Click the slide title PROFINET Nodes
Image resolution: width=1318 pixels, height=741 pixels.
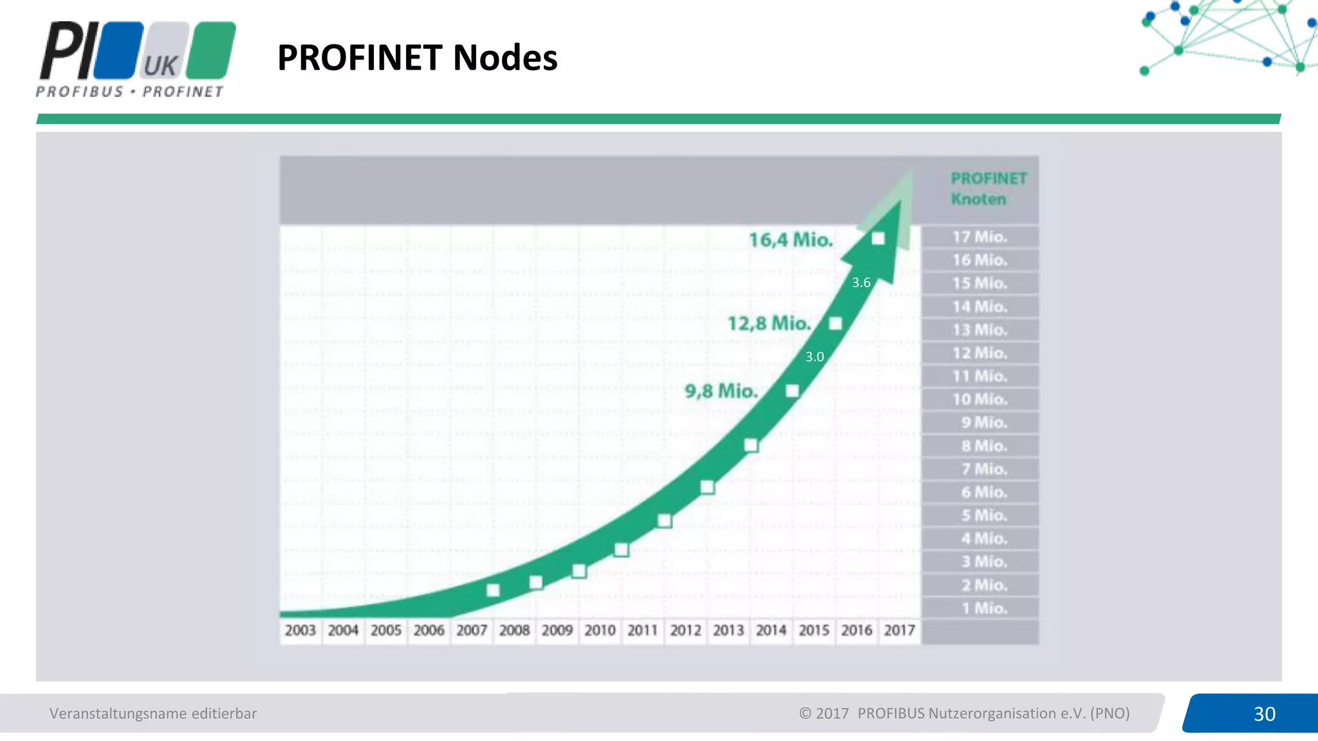(x=417, y=58)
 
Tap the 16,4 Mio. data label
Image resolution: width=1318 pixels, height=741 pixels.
(x=791, y=240)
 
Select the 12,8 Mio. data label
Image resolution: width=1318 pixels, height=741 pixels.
(x=769, y=323)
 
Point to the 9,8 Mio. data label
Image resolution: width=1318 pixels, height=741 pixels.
(x=721, y=390)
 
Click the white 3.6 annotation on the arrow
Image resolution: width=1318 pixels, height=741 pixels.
(x=861, y=282)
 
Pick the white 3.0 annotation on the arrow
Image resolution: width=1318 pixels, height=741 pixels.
(x=815, y=356)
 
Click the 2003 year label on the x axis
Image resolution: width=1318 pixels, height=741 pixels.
(x=301, y=630)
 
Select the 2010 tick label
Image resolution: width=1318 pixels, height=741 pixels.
(x=600, y=630)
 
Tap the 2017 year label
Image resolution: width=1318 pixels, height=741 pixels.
(x=899, y=630)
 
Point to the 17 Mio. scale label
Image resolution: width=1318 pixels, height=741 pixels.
(x=979, y=237)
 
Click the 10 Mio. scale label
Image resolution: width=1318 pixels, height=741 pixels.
(x=979, y=399)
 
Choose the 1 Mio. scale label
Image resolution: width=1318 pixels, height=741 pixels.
(x=984, y=608)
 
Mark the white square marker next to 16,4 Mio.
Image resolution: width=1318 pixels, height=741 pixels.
(x=878, y=239)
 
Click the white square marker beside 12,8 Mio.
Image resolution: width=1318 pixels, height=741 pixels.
(x=835, y=324)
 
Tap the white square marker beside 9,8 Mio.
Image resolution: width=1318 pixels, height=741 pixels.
(x=792, y=391)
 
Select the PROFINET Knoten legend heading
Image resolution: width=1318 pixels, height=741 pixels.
(x=988, y=188)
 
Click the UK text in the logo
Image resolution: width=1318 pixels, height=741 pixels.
(x=160, y=66)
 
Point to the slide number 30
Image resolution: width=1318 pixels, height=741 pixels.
(x=1264, y=714)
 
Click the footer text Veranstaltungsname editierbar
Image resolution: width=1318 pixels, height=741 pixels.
(x=153, y=713)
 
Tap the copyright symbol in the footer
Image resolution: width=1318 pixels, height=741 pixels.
(x=805, y=713)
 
